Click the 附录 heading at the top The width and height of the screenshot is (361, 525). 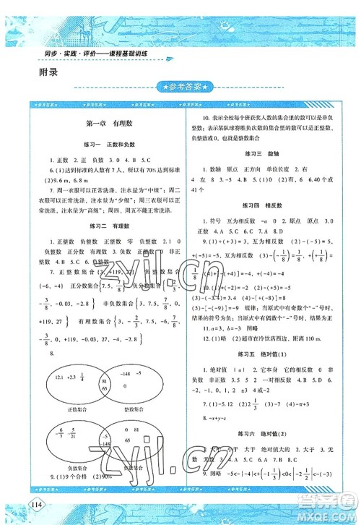[45, 72]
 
